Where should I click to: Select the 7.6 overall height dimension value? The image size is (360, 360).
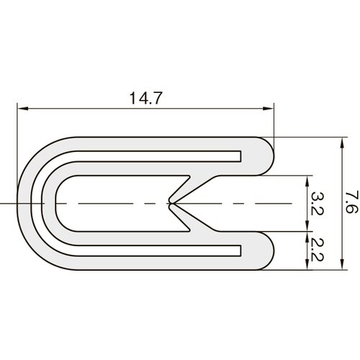(x=351, y=204)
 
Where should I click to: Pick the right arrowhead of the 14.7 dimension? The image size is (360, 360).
(x=271, y=109)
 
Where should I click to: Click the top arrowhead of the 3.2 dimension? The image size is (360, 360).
(x=307, y=179)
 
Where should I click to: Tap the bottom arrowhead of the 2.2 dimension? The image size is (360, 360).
(x=307, y=266)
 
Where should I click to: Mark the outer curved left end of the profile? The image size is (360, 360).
(x=20, y=204)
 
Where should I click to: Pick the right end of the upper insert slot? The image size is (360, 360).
(x=239, y=156)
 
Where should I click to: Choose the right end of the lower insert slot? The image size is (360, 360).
(x=239, y=252)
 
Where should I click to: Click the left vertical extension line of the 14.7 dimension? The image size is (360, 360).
(x=17, y=144)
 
